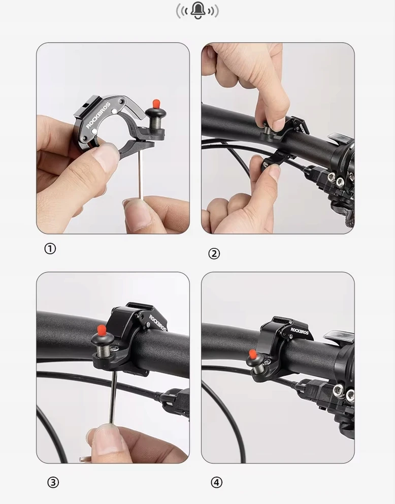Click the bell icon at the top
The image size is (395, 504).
point(197,11)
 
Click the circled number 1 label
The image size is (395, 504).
point(50,249)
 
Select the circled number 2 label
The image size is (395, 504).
point(214,254)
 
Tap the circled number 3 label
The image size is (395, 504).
point(53,482)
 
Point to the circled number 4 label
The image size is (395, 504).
point(216,482)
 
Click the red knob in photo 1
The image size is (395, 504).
point(156,104)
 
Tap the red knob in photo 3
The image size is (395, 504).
point(102,329)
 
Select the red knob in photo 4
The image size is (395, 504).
point(252,355)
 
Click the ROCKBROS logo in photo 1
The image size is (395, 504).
point(97,115)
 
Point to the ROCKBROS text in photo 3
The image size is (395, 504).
point(158,323)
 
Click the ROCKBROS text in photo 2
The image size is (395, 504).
point(303,128)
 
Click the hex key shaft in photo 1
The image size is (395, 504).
point(141,175)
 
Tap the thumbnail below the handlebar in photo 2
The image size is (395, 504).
point(275,172)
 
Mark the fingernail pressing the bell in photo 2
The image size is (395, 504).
point(278,124)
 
